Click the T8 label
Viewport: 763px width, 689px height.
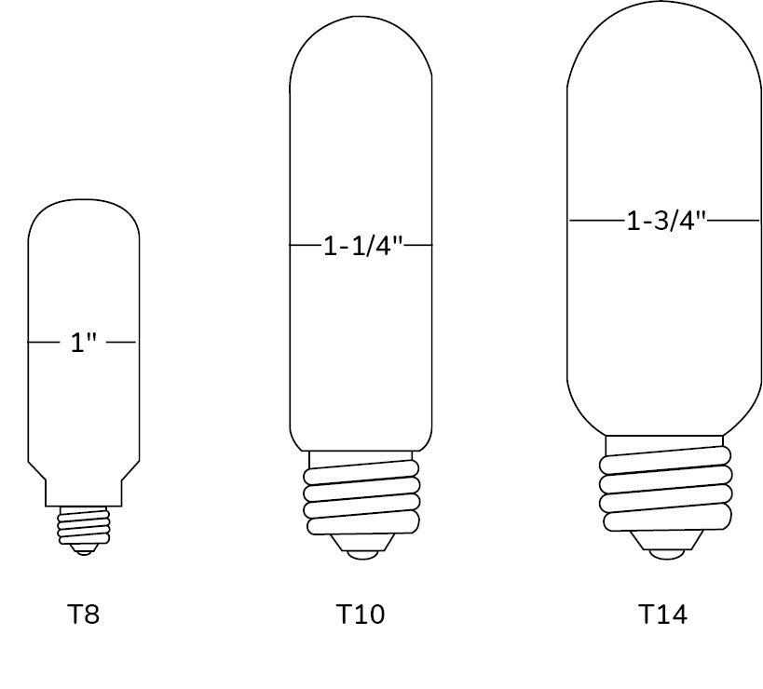[83, 614]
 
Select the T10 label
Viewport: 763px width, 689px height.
[361, 614]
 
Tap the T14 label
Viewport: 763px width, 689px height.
[662, 614]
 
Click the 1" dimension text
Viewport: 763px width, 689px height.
[84, 343]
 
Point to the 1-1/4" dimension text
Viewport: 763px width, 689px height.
[364, 246]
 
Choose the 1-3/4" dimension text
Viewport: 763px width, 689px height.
[666, 221]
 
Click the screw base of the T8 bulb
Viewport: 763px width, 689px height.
[84, 526]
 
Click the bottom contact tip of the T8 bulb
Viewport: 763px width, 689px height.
[84, 550]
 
